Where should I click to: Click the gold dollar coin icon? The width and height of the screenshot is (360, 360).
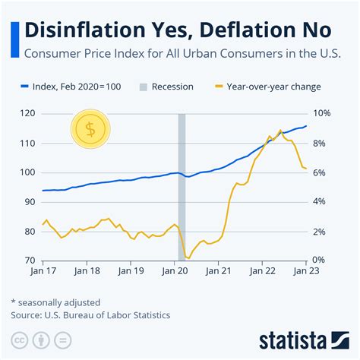(90, 129)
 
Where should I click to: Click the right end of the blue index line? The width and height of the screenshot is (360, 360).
(306, 126)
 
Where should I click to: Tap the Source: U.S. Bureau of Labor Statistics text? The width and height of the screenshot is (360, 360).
(90, 314)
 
